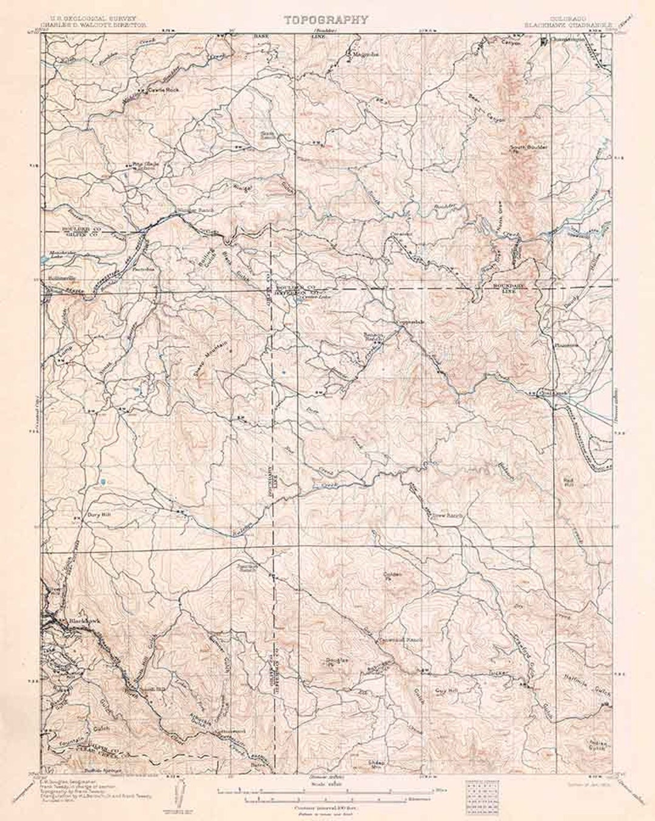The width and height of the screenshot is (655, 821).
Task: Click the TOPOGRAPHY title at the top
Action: click(x=326, y=19)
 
